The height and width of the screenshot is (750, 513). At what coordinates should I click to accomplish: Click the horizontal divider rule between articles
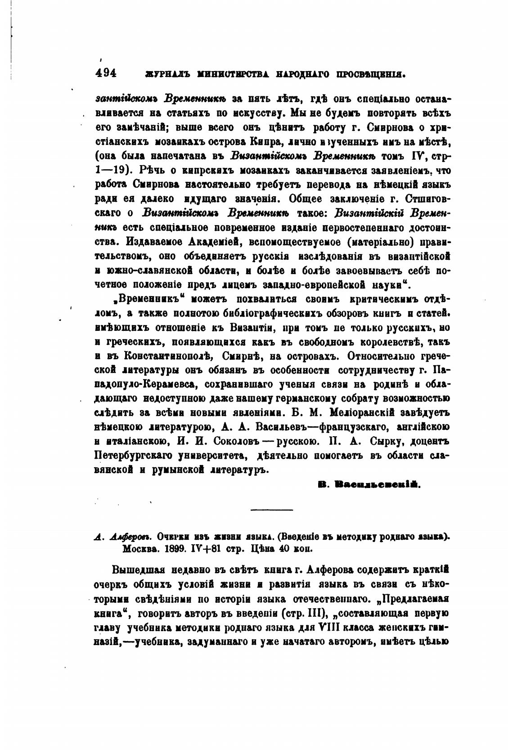[271, 510]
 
